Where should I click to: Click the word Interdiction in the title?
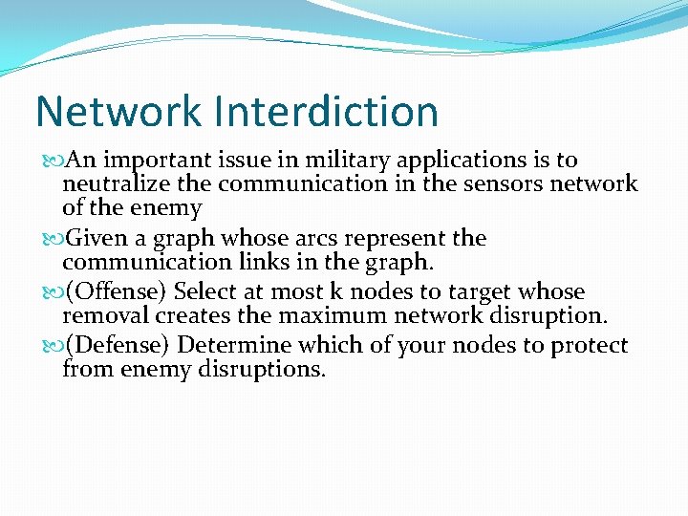[x=327, y=112]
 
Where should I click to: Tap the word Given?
[x=97, y=238]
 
